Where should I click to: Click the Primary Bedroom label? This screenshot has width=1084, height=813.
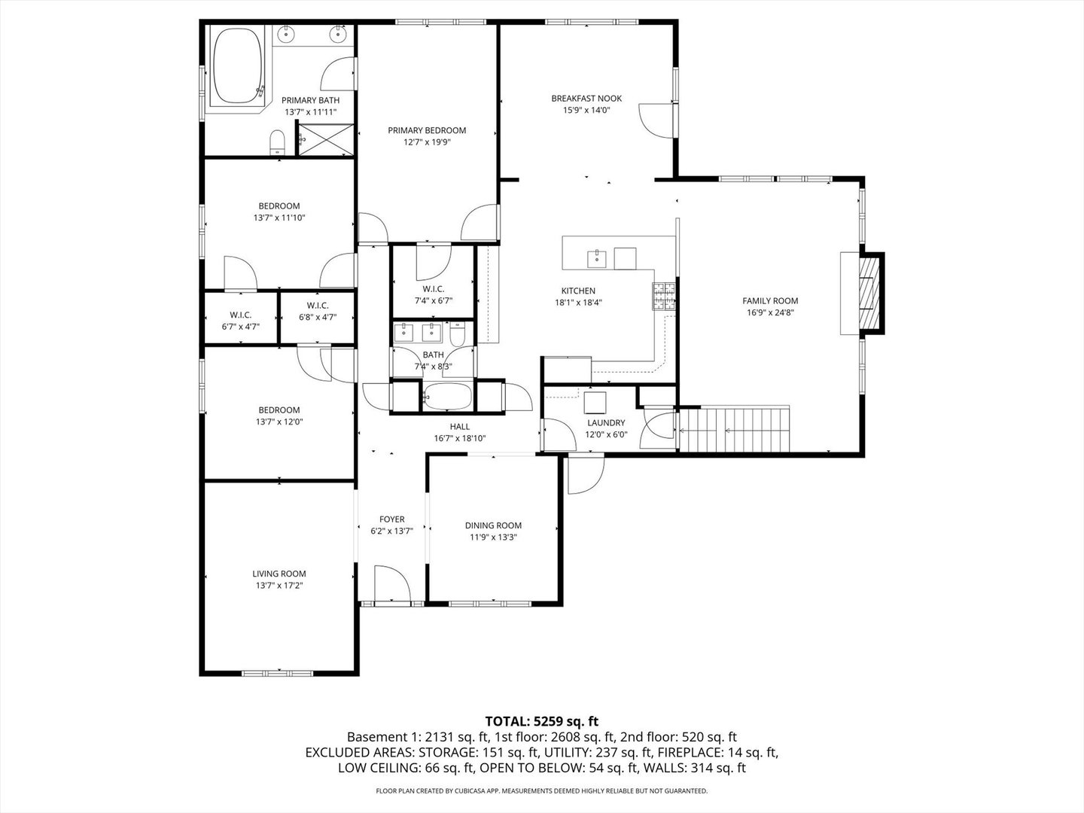pos(427,130)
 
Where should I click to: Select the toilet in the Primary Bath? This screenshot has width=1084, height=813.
pos(278,142)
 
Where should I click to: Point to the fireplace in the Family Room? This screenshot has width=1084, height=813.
pos(868,294)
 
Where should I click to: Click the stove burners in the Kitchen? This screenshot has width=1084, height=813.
pos(664,296)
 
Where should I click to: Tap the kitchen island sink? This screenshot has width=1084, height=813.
pos(596,259)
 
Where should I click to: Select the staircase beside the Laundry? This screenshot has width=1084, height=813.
pos(735,428)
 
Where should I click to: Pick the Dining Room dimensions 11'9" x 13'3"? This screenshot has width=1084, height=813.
pos(493,537)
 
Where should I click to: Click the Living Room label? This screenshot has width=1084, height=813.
pos(279,574)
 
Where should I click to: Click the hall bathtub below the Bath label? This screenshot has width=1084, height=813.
pos(448,397)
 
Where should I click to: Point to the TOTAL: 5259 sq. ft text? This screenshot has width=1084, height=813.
pos(542,722)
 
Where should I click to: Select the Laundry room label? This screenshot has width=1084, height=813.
pos(606,422)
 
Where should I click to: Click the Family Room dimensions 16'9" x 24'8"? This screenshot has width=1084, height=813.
pos(770,312)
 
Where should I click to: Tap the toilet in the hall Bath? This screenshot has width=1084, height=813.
pos(457,333)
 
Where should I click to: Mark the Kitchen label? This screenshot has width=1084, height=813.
pos(578,291)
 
